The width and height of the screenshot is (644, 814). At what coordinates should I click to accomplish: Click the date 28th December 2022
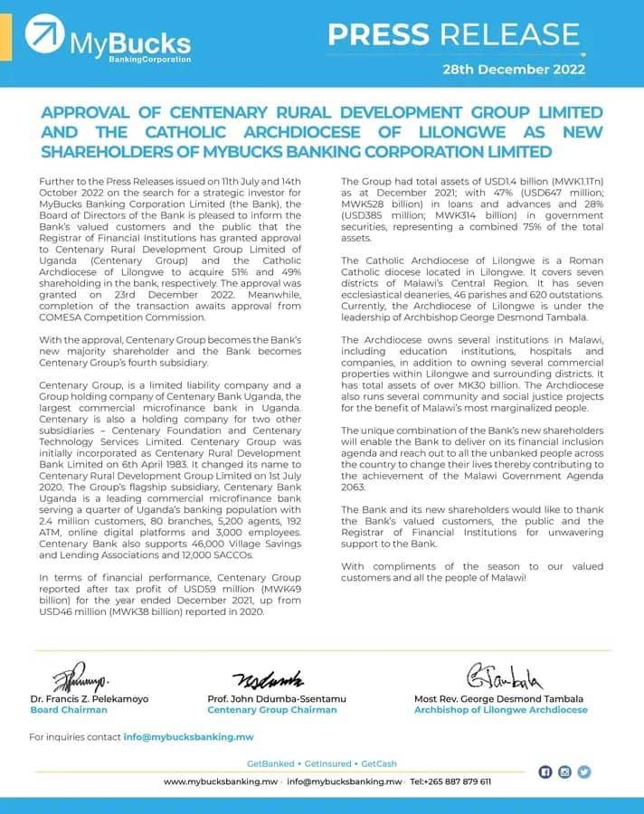pyautogui.click(x=512, y=69)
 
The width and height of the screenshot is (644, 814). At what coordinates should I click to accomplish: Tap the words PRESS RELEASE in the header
pyautogui.click(x=453, y=34)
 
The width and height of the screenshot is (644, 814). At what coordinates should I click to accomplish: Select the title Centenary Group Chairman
pyautogui.click(x=272, y=710)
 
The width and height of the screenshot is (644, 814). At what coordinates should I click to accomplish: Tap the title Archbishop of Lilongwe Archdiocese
pyautogui.click(x=500, y=710)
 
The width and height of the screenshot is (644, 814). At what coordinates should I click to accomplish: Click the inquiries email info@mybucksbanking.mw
pyautogui.click(x=188, y=737)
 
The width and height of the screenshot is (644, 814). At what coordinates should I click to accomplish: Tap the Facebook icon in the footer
pyautogui.click(x=545, y=771)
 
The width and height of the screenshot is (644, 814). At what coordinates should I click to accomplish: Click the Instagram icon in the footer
pyautogui.click(x=564, y=771)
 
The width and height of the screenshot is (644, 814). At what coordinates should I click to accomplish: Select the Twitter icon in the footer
pyautogui.click(x=584, y=771)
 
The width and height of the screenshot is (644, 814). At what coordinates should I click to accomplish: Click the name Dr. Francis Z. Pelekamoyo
pyautogui.click(x=90, y=698)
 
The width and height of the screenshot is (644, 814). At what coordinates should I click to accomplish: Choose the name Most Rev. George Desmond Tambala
pyautogui.click(x=498, y=698)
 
